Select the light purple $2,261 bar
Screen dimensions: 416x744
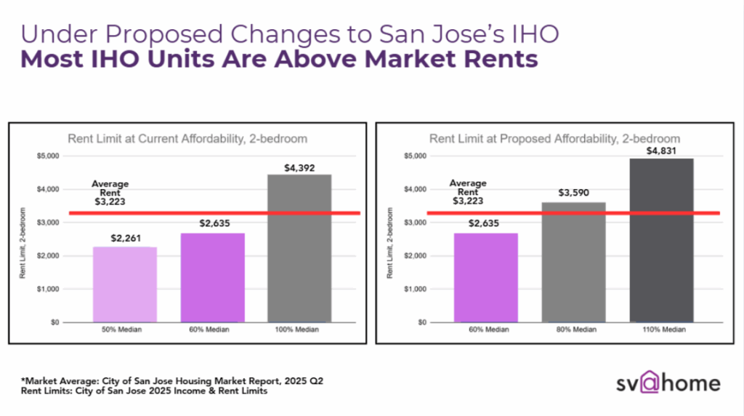coord(125,284)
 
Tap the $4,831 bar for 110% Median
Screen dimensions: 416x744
coord(660,240)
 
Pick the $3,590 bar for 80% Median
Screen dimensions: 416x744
coord(574,262)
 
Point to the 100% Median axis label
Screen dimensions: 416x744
coord(299,329)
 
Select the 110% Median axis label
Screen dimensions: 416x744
coord(660,329)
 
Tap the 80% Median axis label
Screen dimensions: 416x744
coord(574,329)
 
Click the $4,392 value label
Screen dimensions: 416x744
coord(299,167)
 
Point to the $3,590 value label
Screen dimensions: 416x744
coord(574,193)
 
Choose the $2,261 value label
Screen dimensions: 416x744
coord(125,239)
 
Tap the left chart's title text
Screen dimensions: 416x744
coord(187,138)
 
